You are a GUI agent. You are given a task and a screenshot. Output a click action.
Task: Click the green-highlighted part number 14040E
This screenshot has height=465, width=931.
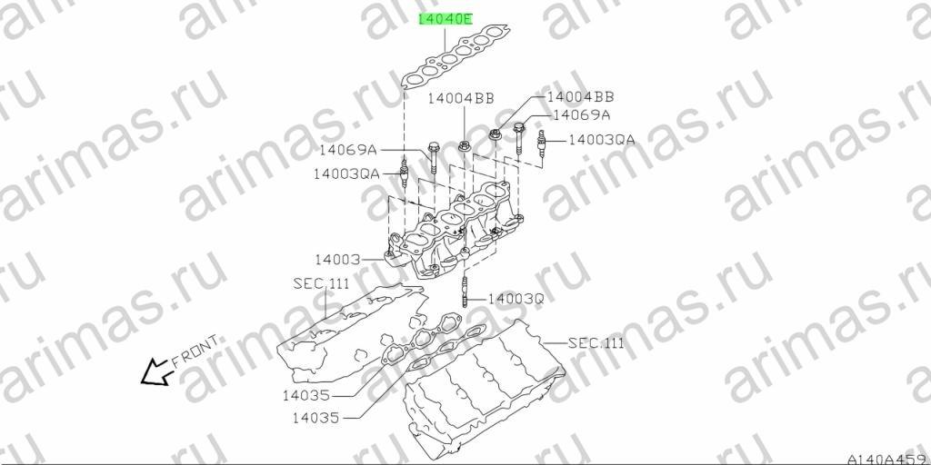(x=445, y=19)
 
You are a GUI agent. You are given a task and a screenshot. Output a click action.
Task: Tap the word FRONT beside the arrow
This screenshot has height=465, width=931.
(x=195, y=351)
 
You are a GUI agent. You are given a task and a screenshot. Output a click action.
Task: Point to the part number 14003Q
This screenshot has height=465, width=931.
(x=516, y=299)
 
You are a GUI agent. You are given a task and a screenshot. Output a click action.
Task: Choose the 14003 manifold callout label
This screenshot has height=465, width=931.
(x=337, y=259)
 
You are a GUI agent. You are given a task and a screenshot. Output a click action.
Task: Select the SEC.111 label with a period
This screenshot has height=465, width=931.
(x=596, y=342)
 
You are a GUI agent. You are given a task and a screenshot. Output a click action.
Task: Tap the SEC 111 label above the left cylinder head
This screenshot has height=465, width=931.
(x=321, y=284)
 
